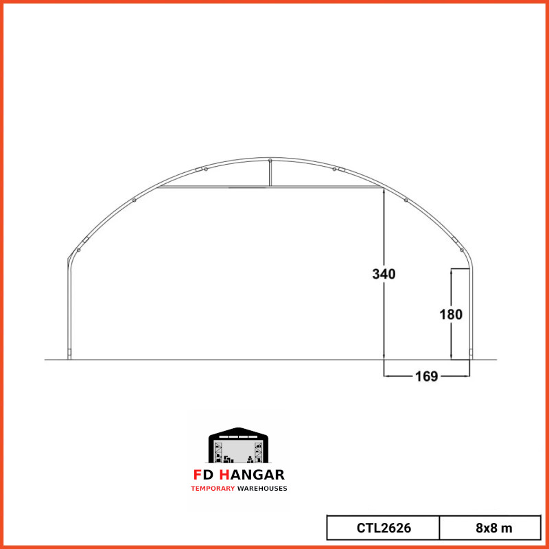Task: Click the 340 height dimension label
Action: click(384, 274)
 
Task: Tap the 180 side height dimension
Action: click(451, 314)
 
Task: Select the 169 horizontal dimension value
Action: click(426, 376)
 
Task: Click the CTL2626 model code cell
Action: click(384, 528)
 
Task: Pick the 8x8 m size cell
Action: click(490, 528)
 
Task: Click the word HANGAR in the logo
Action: click(252, 475)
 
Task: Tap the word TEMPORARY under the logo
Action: click(213, 489)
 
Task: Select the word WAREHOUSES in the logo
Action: click(262, 489)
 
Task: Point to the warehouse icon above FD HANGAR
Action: click(238, 445)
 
